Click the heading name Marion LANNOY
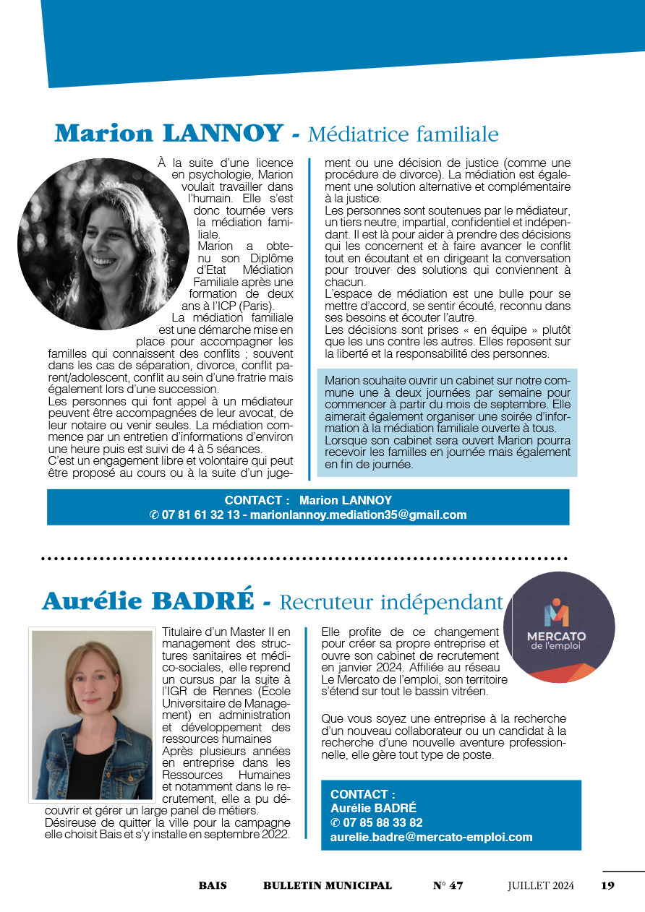(x=168, y=133)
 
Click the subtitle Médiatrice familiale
(x=403, y=134)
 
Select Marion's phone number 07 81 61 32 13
(x=200, y=515)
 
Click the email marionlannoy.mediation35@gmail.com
(x=358, y=515)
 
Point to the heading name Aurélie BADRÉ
(x=148, y=601)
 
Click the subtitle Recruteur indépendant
(x=390, y=602)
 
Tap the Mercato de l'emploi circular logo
(x=558, y=627)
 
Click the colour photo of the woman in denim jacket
(x=92, y=715)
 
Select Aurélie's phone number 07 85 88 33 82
(x=383, y=822)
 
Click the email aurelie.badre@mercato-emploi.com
(x=431, y=838)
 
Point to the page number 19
(x=607, y=885)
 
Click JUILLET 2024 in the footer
(x=540, y=885)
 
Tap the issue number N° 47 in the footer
(x=448, y=885)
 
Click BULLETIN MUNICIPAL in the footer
(x=328, y=885)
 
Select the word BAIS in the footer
(x=213, y=885)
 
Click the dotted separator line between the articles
(x=304, y=559)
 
